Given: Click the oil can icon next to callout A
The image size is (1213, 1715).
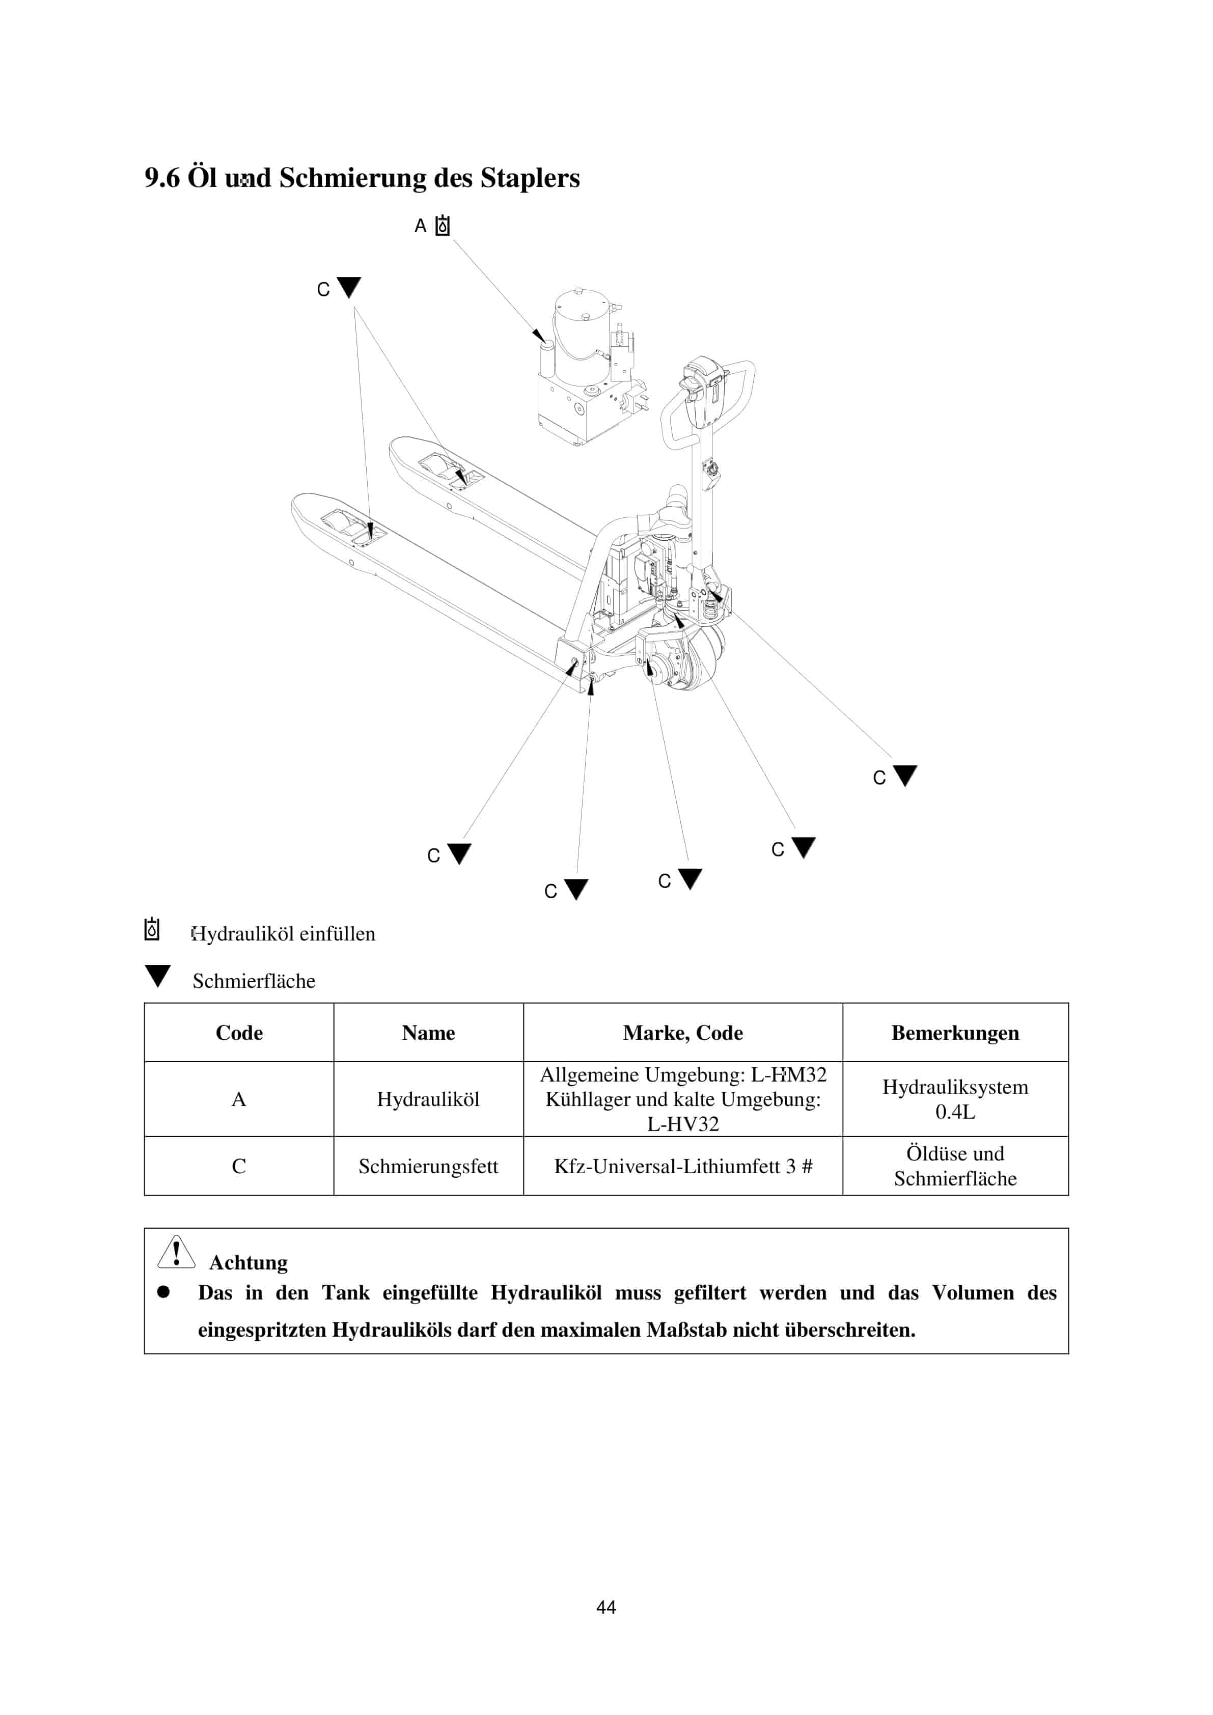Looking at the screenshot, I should [443, 226].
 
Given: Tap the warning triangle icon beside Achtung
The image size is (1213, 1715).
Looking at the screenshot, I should [176, 1252].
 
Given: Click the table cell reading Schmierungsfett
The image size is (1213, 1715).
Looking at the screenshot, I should [428, 1166].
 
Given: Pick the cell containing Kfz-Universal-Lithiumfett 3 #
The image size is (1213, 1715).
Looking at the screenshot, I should [683, 1166].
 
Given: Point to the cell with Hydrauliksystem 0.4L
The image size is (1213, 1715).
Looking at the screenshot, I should [955, 1099].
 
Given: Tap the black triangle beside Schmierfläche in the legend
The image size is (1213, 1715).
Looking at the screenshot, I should [157, 976].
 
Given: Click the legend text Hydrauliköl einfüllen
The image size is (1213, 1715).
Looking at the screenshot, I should [284, 934].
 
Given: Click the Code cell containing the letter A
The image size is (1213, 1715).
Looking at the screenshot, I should [239, 1099].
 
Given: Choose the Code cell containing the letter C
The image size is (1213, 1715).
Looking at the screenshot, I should [239, 1166].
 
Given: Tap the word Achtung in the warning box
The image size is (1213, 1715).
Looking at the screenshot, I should [248, 1262].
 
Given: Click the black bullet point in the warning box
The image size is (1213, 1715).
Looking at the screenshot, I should [163, 1291].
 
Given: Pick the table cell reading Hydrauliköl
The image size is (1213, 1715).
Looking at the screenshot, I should [428, 1099].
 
